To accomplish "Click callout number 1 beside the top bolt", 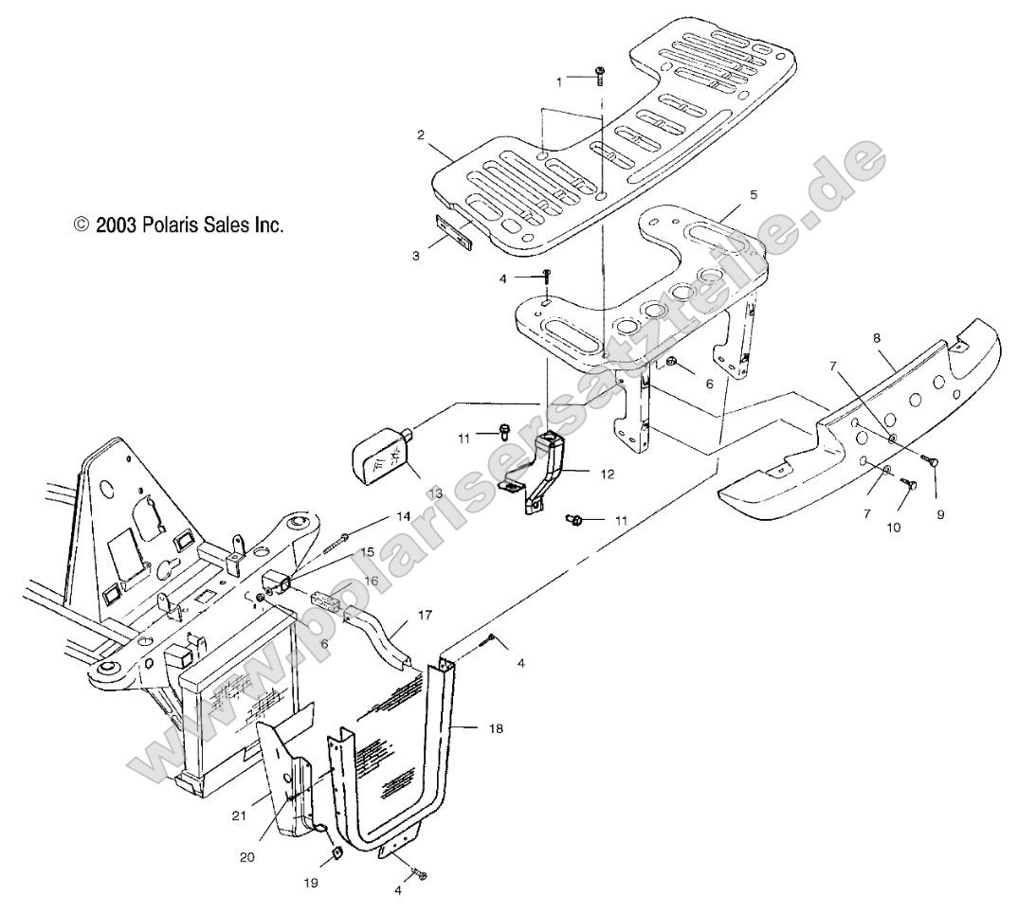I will (559, 81).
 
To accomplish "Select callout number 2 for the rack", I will (420, 134).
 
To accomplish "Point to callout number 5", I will (754, 194).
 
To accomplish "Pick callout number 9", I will (940, 516).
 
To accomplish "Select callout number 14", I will (404, 518).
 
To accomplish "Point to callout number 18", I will (470, 729).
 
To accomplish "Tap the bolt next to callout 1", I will (600, 76).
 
